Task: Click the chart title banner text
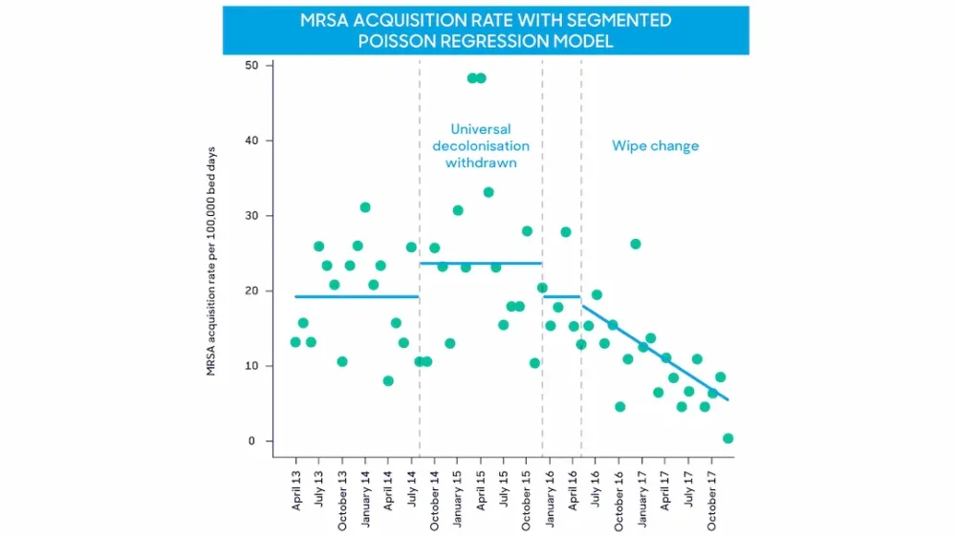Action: click(x=486, y=31)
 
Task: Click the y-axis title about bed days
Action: click(x=211, y=261)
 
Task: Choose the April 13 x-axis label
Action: click(x=296, y=489)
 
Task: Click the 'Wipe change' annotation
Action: click(x=655, y=146)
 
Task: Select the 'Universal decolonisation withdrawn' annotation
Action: click(x=481, y=145)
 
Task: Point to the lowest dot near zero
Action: click(x=728, y=439)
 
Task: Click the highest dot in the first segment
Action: click(x=365, y=207)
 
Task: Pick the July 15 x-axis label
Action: click(x=504, y=489)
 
